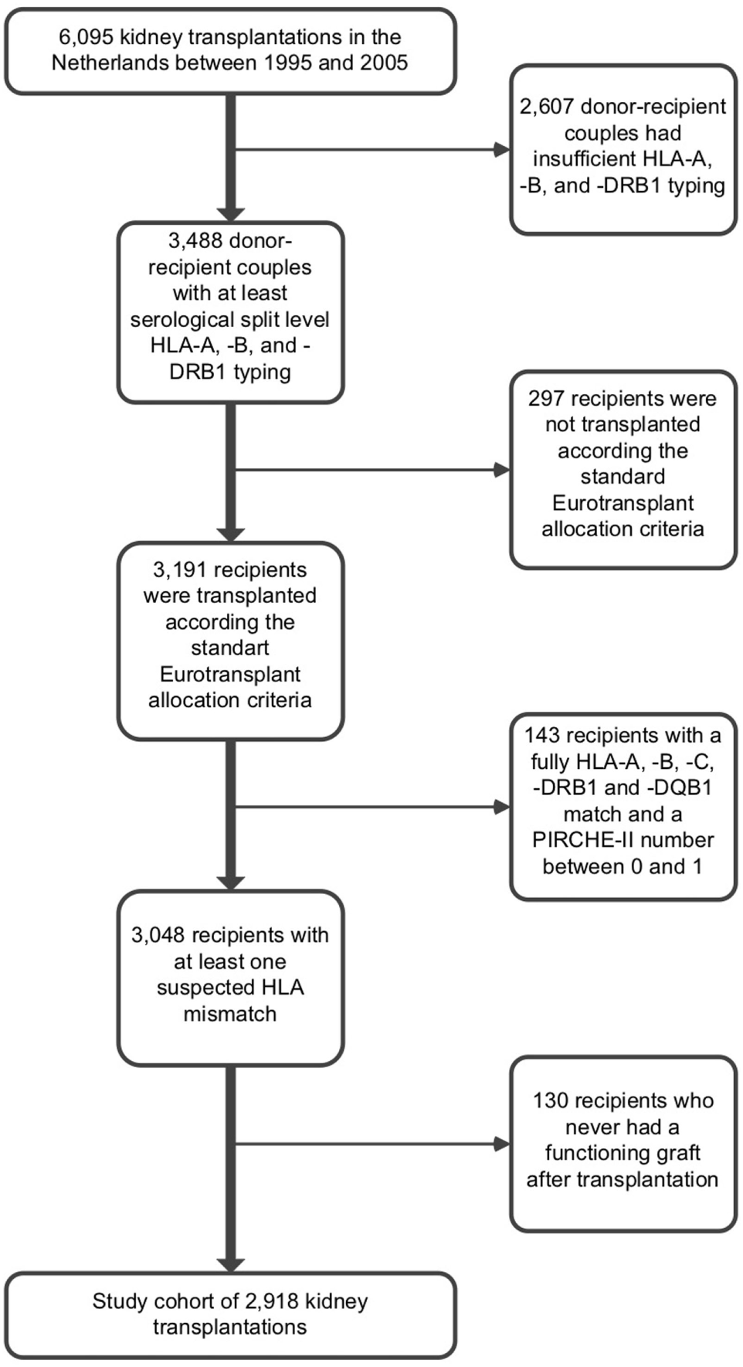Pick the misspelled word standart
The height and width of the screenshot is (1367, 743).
point(230,648)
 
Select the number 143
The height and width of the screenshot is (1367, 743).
point(542,736)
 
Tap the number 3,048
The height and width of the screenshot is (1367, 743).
point(158,935)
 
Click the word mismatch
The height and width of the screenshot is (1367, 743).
point(230,1014)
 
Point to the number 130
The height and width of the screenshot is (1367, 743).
point(550,1101)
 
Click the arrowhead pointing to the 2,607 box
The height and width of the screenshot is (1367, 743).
point(501,149)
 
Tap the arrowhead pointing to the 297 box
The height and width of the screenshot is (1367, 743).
point(501,469)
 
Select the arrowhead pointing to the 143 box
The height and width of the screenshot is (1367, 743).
point(501,808)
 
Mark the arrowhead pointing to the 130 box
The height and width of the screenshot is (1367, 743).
point(501,1144)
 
